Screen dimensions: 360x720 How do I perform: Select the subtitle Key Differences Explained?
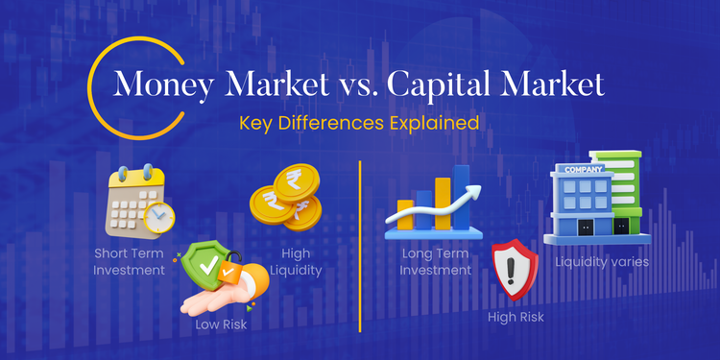(360, 124)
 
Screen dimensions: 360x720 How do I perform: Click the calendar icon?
(134, 201)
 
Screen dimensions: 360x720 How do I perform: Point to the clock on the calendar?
(158, 218)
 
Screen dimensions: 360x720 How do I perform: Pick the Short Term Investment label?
(130, 262)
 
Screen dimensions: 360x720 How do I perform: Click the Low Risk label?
(222, 324)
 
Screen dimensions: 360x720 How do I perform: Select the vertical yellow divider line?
(359, 245)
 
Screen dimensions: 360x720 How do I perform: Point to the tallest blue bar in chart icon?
(462, 197)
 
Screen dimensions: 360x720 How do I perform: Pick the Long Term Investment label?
(436, 262)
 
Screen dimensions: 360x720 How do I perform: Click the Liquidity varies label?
(602, 260)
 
